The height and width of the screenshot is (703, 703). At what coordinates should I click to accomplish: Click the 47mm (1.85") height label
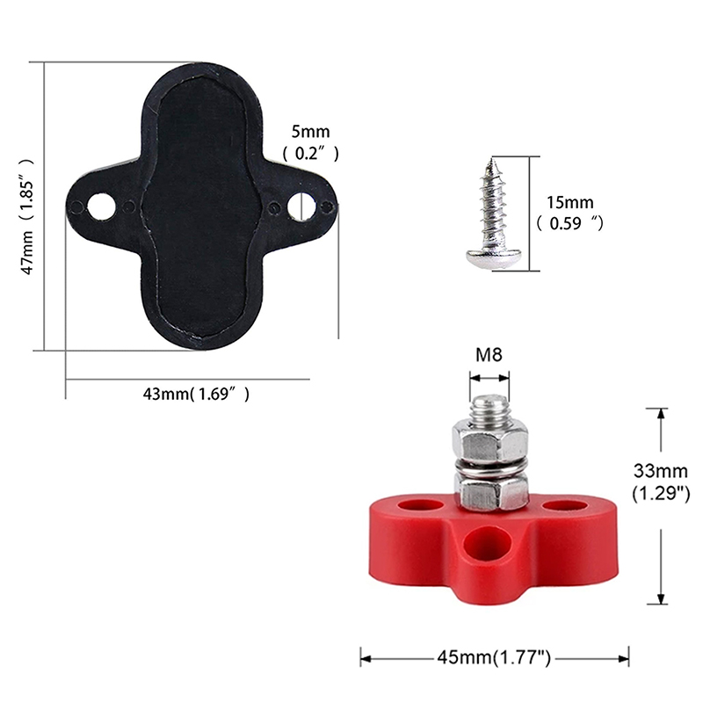click(28, 217)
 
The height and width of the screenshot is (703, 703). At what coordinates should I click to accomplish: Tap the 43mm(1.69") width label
click(196, 394)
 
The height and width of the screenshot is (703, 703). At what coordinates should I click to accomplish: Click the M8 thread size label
click(489, 355)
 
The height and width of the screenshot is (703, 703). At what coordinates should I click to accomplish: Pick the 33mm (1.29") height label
click(661, 482)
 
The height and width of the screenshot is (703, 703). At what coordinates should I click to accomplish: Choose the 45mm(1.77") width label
click(494, 657)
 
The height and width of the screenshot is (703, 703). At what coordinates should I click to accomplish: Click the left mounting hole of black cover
click(101, 207)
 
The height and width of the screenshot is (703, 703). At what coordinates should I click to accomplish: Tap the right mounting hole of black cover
click(301, 207)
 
